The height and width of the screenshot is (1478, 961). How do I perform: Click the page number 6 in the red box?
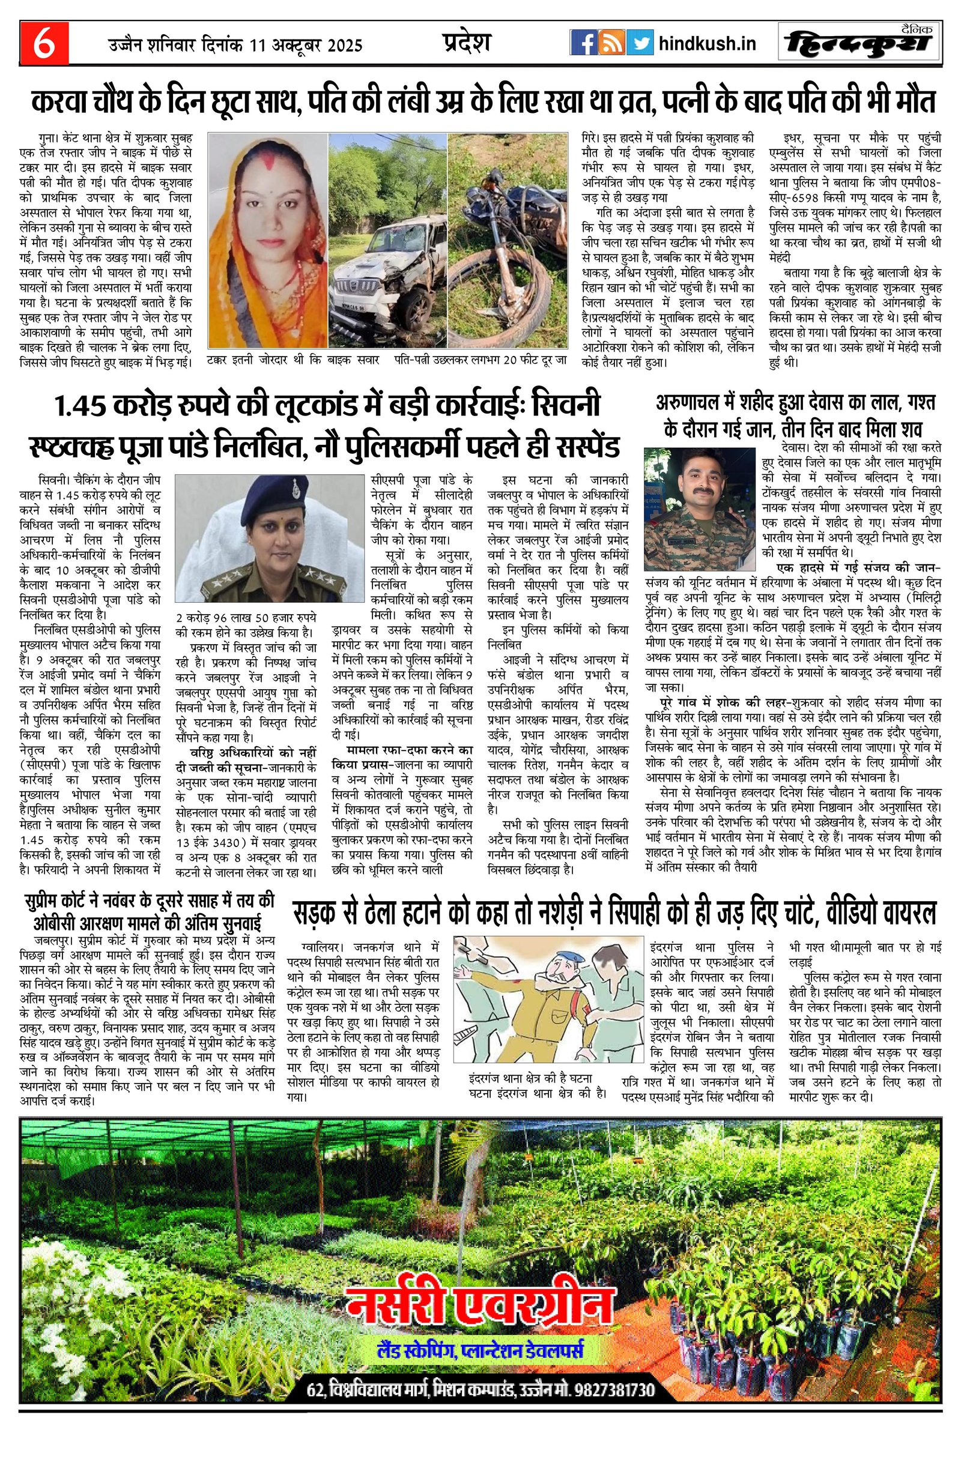43,44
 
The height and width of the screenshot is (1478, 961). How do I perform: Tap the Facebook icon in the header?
583,43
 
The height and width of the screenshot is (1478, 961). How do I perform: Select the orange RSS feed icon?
611,43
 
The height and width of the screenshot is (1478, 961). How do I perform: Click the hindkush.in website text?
707,44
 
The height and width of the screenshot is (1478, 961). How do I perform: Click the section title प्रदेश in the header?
467,42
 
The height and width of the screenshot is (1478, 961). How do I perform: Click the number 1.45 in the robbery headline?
80,407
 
